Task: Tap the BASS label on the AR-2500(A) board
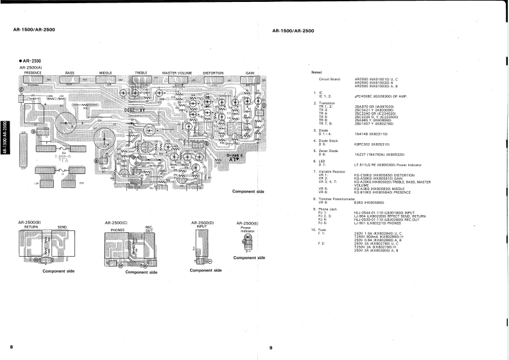tap(69, 73)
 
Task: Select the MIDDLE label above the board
tap(106, 73)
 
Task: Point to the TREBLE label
tap(141, 73)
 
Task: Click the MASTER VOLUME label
tap(178, 73)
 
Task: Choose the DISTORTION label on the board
tap(213, 73)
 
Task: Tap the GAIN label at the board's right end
tap(250, 73)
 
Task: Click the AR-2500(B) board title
tap(31, 222)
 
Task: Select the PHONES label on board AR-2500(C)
tap(117, 228)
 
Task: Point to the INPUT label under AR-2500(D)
tap(202, 227)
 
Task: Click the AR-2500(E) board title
tap(247, 223)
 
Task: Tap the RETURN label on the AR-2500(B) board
tap(31, 227)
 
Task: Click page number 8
tap(12, 347)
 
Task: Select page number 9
tap(271, 348)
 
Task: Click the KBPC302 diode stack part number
tap(364, 144)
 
